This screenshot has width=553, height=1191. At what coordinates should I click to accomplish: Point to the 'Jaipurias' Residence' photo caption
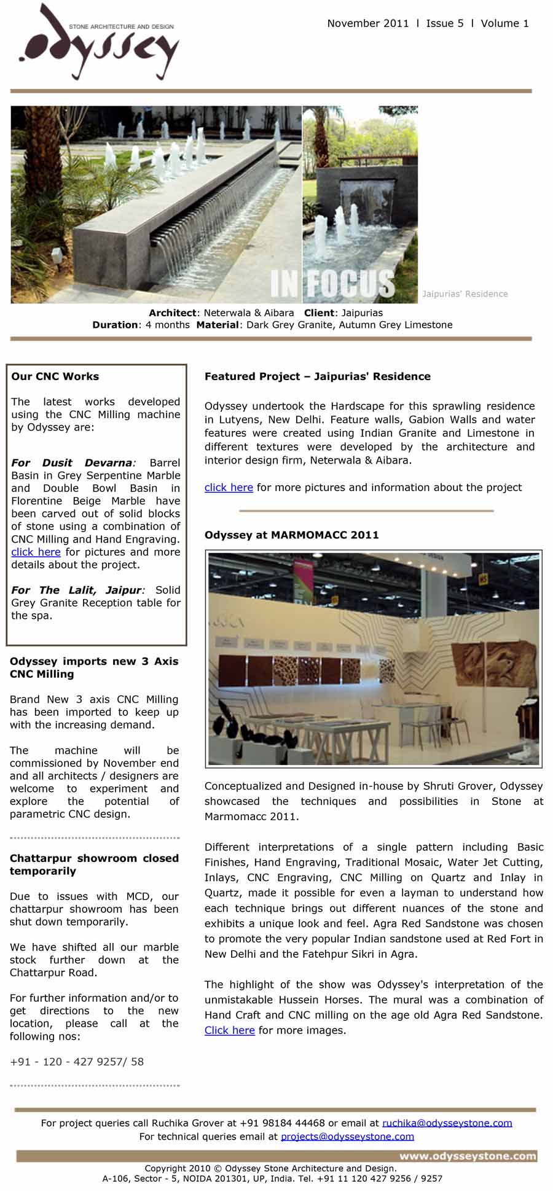pos(465,294)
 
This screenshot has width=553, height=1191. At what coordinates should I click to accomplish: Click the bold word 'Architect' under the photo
pos(171,312)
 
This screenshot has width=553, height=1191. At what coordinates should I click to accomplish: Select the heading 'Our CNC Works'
pos(55,376)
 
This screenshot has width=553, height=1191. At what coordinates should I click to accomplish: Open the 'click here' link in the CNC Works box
pos(36,552)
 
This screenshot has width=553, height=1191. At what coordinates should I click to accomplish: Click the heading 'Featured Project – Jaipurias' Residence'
pos(317,376)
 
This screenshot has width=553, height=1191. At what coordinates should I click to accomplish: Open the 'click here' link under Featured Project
pos(229,487)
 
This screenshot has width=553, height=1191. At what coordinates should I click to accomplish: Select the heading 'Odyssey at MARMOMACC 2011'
pos(291,535)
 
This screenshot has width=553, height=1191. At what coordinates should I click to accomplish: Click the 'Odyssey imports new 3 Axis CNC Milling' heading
pos(94,667)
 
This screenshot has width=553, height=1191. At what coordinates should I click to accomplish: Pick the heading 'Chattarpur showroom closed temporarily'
pos(94,864)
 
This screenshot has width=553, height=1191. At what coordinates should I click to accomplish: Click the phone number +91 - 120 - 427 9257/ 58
pos(77,1061)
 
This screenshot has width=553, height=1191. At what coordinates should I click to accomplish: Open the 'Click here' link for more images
pos(229,1030)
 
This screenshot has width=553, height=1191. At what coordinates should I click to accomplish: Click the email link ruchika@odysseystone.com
pos(447,1123)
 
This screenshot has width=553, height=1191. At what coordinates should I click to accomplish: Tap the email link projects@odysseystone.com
pos(347,1136)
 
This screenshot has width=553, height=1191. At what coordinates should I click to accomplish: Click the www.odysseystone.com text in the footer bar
pos(468,1156)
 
